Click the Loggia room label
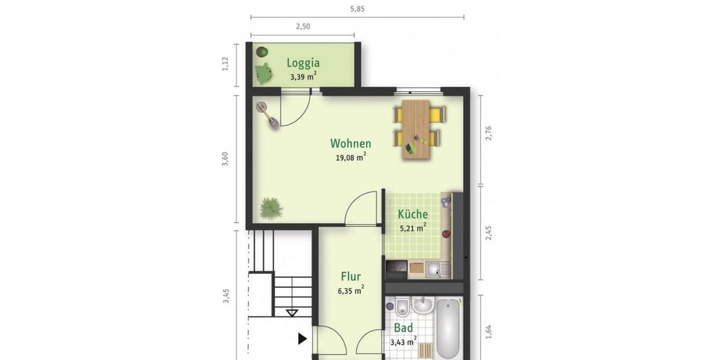303,62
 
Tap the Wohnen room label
350,143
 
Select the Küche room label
413,214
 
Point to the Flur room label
350,277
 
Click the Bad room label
403,328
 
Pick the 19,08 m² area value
350,158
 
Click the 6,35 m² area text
350,291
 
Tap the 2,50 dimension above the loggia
303,27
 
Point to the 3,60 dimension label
226,159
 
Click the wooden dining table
416,129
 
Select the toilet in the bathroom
401,308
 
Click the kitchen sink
437,270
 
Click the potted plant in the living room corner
271,208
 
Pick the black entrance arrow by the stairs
302,339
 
